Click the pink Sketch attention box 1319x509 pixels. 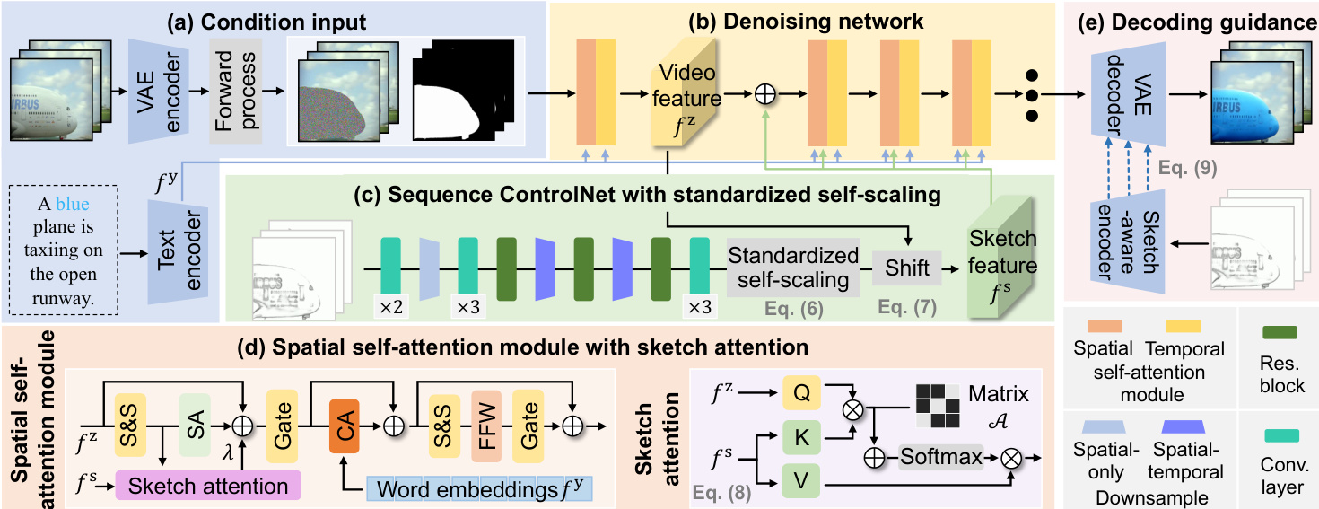click(x=207, y=486)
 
